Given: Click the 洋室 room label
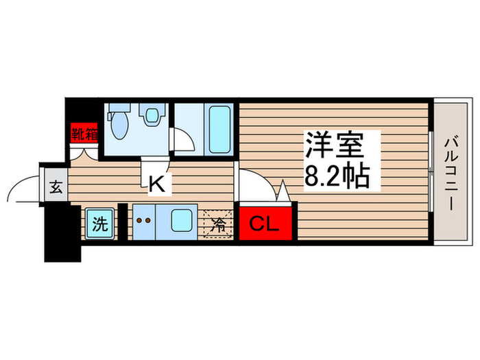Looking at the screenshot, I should coord(338,147).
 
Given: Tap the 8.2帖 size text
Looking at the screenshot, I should coord(337,177).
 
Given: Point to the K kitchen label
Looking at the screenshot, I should coord(156,183).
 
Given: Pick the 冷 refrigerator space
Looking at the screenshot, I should coord(219,223).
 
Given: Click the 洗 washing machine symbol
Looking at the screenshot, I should coord(100,223).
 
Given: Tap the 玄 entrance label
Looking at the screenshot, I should coord(56,187).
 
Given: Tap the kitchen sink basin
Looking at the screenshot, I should coord(181,221).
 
